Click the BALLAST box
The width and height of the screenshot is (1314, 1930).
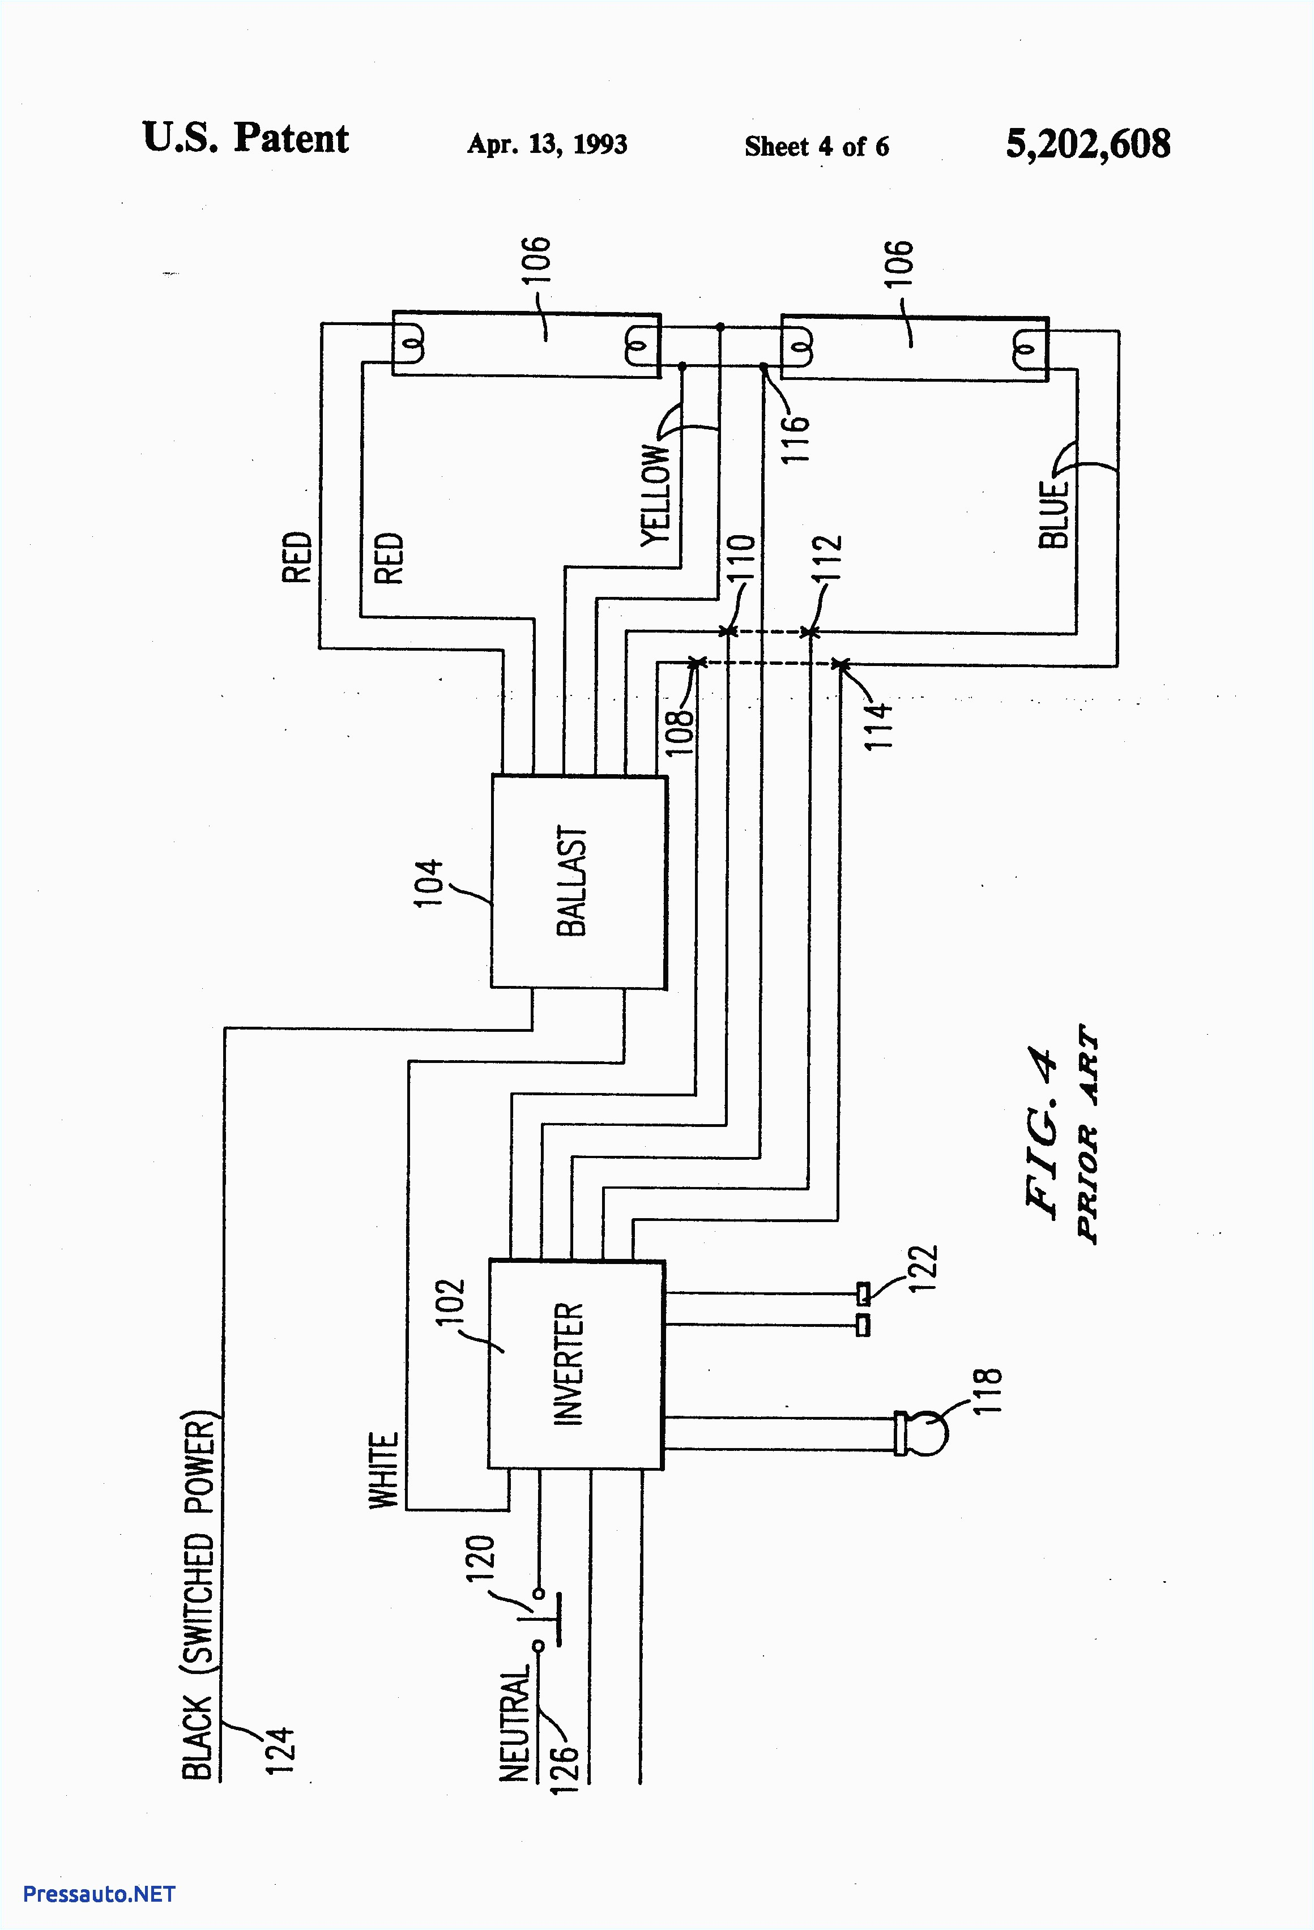tap(579, 881)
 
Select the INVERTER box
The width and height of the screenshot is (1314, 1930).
tap(575, 1364)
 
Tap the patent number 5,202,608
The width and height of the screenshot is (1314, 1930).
tap(1087, 144)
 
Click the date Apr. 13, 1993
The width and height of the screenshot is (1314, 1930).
tap(547, 144)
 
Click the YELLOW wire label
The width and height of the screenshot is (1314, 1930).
tap(655, 495)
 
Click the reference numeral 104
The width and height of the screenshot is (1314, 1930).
tap(429, 883)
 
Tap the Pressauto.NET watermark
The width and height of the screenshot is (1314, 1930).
tap(99, 1894)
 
